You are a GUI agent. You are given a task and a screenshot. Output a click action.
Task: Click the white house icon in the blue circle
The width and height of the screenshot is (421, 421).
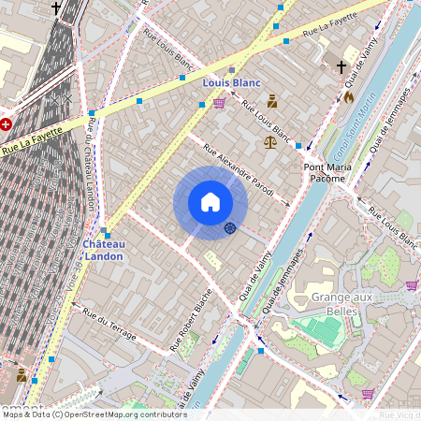coord(210,202)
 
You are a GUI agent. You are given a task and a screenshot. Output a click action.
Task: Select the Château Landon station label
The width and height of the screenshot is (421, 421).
coord(103,249)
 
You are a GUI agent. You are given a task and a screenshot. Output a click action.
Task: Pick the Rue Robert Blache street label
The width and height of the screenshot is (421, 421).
coord(190,318)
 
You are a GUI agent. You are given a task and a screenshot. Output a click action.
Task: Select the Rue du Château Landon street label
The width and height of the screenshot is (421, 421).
coord(91,165)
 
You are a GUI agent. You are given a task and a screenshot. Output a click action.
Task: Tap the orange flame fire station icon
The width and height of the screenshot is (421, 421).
coord(349,95)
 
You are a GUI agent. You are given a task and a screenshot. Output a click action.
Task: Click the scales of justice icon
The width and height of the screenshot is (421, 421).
coord(270,142)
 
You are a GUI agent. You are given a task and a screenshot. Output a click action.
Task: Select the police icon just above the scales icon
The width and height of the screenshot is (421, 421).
coord(272,101)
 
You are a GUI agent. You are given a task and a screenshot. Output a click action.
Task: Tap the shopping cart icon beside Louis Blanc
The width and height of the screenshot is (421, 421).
coord(219,103)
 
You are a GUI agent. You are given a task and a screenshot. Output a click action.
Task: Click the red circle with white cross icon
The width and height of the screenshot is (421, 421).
coord(6,123)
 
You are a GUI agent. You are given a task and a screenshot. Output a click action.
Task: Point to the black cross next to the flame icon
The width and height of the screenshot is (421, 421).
coord(341,67)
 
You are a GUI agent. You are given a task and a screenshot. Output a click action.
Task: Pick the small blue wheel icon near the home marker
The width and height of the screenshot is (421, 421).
coord(229,228)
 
